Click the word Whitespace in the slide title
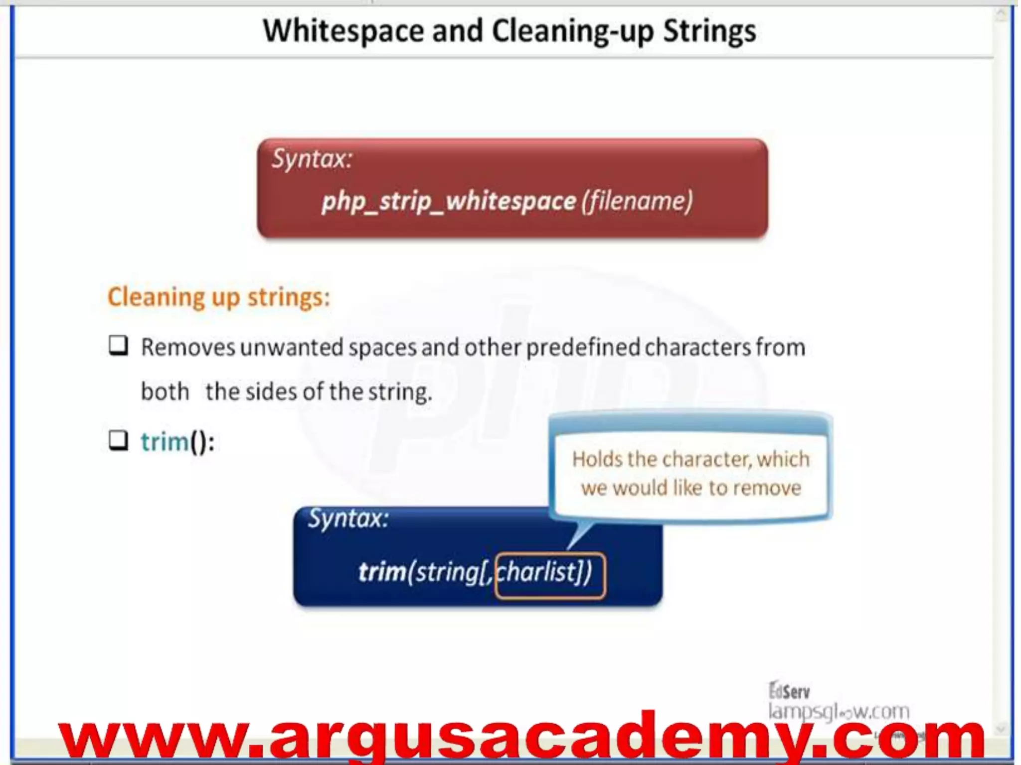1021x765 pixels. click(343, 31)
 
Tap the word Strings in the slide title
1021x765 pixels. click(709, 31)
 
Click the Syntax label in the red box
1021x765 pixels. click(312, 159)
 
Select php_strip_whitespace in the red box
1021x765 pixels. click(449, 202)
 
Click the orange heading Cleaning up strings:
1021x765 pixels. click(219, 297)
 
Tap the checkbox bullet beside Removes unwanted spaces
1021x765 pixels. click(119, 346)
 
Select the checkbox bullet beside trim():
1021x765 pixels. click(119, 440)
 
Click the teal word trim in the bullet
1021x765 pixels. click(165, 442)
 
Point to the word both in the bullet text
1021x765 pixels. click(165, 392)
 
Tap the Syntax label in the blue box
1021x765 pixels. click(348, 519)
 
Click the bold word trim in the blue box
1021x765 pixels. click(382, 572)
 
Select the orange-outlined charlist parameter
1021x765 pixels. click(550, 575)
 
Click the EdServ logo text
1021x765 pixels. click(790, 691)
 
